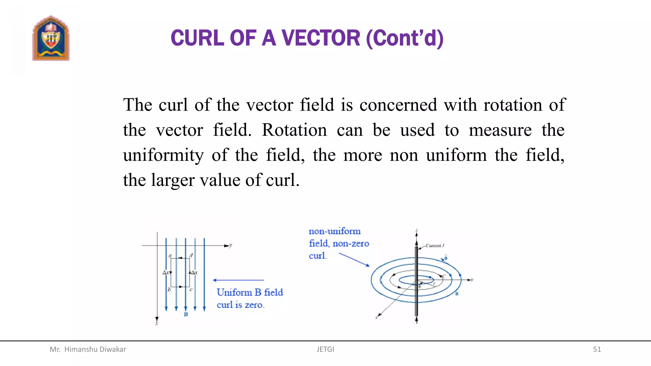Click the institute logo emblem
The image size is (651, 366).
51,38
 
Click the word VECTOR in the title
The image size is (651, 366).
321,38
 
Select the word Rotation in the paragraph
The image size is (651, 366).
294,130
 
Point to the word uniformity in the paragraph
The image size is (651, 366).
163,155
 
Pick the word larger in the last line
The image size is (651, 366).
173,180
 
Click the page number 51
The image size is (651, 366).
597,349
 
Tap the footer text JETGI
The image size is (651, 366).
325,349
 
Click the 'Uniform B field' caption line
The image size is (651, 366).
250,292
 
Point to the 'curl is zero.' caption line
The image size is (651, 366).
241,305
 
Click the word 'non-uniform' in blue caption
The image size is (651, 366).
335,231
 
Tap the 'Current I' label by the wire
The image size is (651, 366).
435,246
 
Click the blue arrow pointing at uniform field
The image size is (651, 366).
238,280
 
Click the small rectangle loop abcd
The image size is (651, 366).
180,273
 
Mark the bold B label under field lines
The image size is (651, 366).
186,315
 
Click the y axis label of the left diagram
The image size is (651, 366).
230,245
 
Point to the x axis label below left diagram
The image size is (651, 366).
156,324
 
